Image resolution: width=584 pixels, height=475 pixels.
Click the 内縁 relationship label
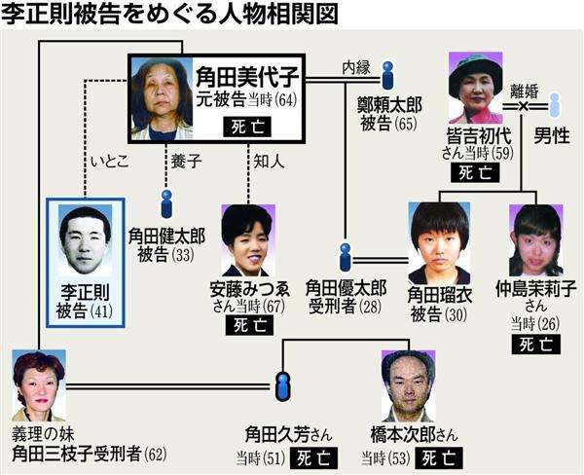[x=356, y=68]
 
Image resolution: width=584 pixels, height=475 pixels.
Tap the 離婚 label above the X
[x=525, y=91]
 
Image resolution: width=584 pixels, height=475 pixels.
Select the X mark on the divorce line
[x=523, y=106]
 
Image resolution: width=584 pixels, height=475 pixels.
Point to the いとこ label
[x=110, y=162]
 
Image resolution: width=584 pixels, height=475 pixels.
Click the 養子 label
[x=186, y=162]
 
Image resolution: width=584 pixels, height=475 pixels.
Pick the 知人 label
[x=269, y=162]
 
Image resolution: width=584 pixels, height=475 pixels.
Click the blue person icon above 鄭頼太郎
[x=388, y=76]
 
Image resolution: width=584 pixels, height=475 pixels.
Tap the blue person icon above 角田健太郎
[x=166, y=204]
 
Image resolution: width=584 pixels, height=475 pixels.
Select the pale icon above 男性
[x=555, y=105]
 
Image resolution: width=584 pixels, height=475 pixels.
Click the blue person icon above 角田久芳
[x=282, y=386]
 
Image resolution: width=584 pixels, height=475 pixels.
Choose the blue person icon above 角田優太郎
[x=346, y=257]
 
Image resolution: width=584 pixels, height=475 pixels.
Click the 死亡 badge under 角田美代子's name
[x=247, y=128]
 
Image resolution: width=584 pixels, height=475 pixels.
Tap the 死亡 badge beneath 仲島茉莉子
[x=536, y=345]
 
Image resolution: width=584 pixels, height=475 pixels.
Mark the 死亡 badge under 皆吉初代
[x=475, y=172]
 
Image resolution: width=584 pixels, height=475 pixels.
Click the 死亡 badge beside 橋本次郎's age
[x=439, y=457]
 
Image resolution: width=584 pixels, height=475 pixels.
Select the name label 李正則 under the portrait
[x=86, y=291]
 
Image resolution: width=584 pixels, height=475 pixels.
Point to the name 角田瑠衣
[x=440, y=295]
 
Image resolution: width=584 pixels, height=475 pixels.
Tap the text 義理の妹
[x=43, y=434]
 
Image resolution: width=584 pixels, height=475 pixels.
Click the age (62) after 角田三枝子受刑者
[x=157, y=455]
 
